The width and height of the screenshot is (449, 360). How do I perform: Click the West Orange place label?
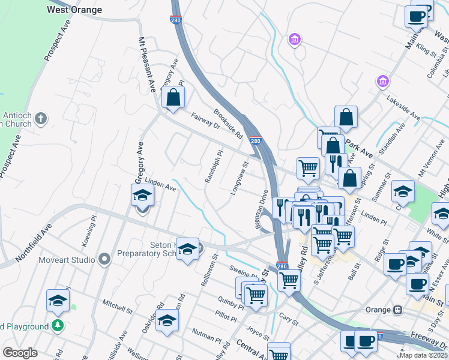point(74,10)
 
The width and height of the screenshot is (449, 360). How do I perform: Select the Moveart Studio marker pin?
point(105,260)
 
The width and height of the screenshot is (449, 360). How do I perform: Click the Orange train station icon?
point(397,310)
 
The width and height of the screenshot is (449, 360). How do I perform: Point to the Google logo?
point(20,353)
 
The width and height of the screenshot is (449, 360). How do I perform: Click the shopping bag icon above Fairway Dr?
point(173,97)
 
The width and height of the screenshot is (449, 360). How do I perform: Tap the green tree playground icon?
point(58,326)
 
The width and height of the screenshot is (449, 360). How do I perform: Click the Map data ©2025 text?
point(423,355)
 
